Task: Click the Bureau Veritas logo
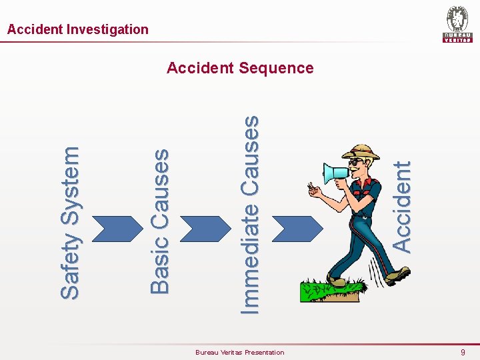click(457, 24)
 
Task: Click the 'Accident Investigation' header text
click(77, 29)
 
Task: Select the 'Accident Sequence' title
click(240, 68)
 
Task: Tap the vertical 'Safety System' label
click(70, 223)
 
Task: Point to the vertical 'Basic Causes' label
click(160, 221)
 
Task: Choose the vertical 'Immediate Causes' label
click(249, 214)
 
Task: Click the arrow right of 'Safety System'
click(109, 229)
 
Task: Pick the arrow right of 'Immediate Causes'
click(289, 229)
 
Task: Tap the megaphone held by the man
click(336, 173)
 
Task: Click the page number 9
click(463, 352)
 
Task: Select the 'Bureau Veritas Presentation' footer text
click(239, 352)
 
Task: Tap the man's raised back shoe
click(397, 275)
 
